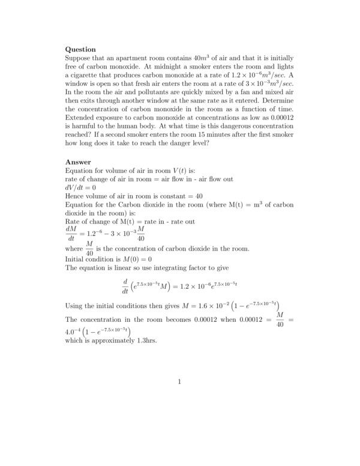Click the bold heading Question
pyautogui.click(x=80, y=49)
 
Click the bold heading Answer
pyautogui.click(x=78, y=162)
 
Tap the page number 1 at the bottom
pyautogui.click(x=179, y=381)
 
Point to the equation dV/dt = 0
pyautogui.click(x=81, y=187)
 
